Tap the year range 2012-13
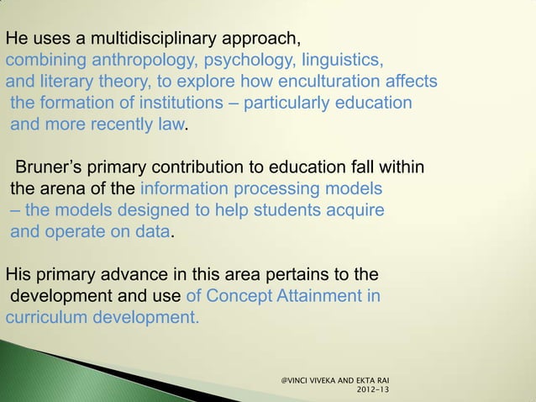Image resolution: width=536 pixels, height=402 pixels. click(x=372, y=390)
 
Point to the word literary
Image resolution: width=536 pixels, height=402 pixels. click(x=67, y=82)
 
